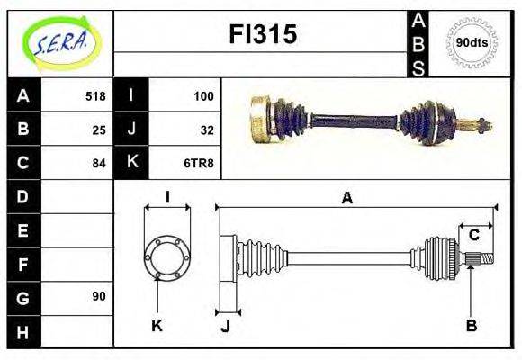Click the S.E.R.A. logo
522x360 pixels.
(59, 41)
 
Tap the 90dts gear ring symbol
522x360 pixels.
(472, 42)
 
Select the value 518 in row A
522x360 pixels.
(94, 96)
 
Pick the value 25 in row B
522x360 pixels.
(98, 130)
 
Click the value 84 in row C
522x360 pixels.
(98, 163)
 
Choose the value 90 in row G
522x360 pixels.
(98, 296)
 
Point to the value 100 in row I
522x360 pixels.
(203, 96)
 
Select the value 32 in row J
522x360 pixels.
(206, 130)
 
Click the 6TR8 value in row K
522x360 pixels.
(199, 163)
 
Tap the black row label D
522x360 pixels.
(23, 196)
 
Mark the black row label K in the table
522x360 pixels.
(132, 163)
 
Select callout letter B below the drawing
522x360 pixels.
(471, 326)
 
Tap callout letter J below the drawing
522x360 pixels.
(225, 327)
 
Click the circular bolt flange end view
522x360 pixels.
(166, 259)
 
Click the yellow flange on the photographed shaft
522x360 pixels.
(262, 119)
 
